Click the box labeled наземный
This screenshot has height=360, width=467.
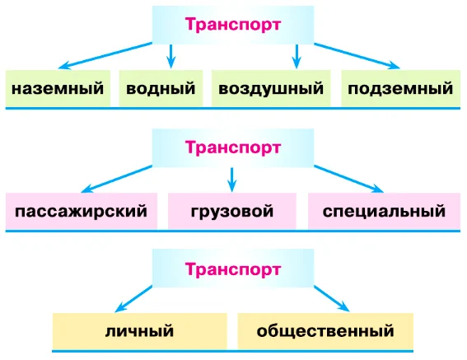58,88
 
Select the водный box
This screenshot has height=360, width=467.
161,88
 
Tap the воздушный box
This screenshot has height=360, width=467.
271,88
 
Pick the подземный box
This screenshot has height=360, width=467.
400,88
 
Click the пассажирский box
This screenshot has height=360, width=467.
82,211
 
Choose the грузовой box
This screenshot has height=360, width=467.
232,211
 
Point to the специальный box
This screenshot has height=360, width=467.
384,211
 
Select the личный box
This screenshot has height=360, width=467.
140,331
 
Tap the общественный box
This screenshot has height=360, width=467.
325,331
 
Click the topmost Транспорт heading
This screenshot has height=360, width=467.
233,25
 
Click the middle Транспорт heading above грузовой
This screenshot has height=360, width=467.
233,147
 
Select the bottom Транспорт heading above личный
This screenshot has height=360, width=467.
233,269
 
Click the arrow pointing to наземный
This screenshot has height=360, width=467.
105,56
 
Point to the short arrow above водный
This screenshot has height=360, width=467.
171,57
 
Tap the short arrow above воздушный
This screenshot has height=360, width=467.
297,57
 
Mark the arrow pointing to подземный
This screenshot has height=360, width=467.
357,56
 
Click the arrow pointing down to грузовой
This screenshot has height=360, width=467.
232,180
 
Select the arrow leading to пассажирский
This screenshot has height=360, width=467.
116,179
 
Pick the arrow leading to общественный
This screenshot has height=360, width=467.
331,299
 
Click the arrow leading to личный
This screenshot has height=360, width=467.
133,299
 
